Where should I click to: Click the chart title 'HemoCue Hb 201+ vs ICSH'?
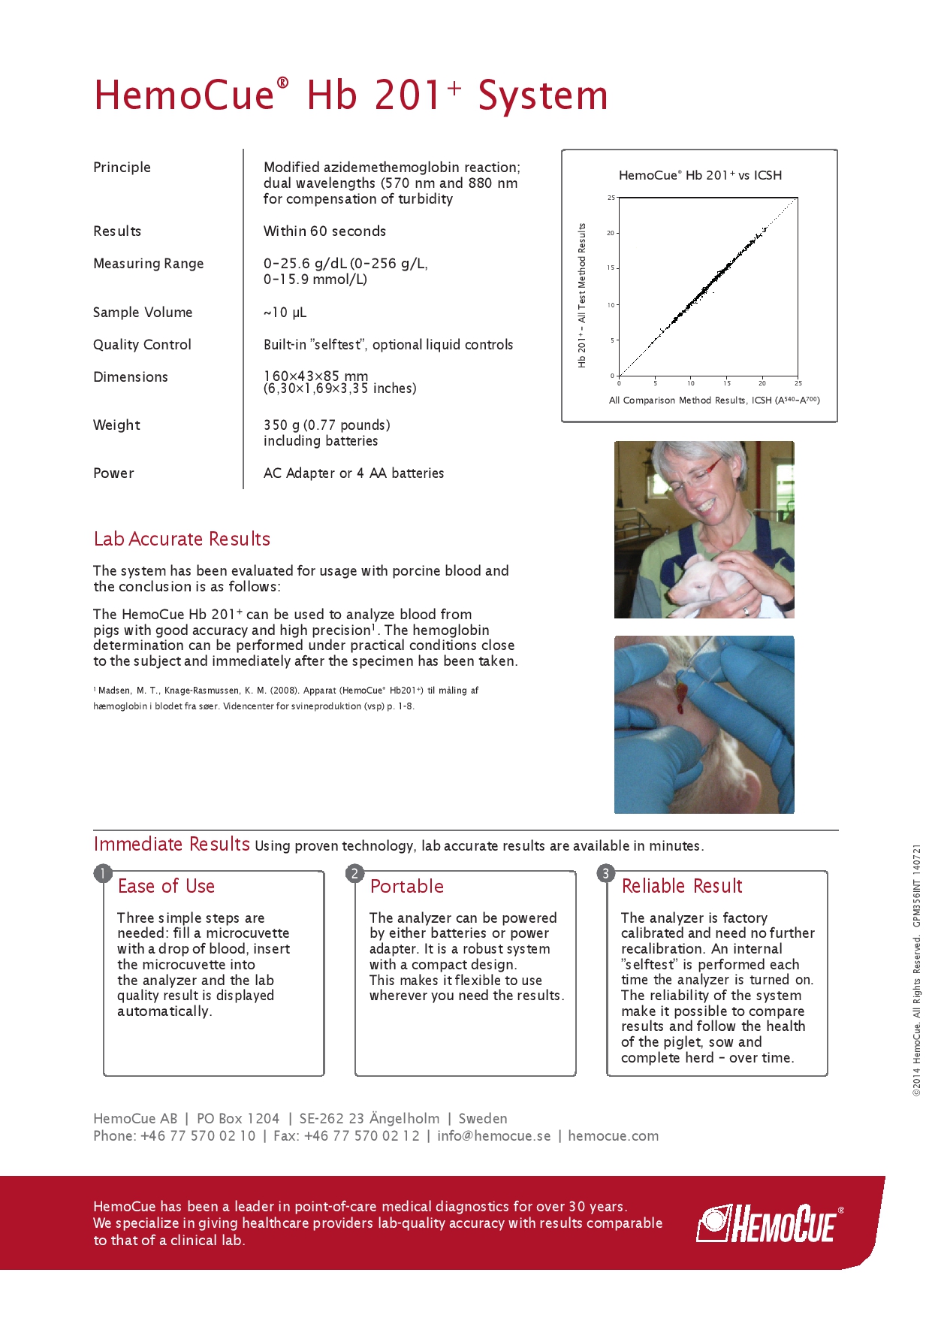[x=700, y=175]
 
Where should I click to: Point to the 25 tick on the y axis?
[x=611, y=198]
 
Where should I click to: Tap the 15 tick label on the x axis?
[x=726, y=383]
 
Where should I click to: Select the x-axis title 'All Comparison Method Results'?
[x=713, y=401]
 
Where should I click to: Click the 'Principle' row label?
[x=122, y=167]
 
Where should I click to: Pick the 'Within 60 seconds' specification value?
[x=324, y=231]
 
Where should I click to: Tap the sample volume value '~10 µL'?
[x=285, y=312]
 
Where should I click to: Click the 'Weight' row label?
[x=116, y=425]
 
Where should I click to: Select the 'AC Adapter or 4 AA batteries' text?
[x=353, y=473]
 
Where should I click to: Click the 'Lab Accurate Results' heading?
[x=182, y=539]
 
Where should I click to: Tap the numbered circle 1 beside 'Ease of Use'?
[x=103, y=873]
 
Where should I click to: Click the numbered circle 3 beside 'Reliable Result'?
[x=605, y=873]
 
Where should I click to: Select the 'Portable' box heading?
[x=406, y=886]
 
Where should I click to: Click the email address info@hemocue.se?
[x=493, y=1135]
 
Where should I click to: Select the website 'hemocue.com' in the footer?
[x=613, y=1135]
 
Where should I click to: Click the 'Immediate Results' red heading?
[x=171, y=844]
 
